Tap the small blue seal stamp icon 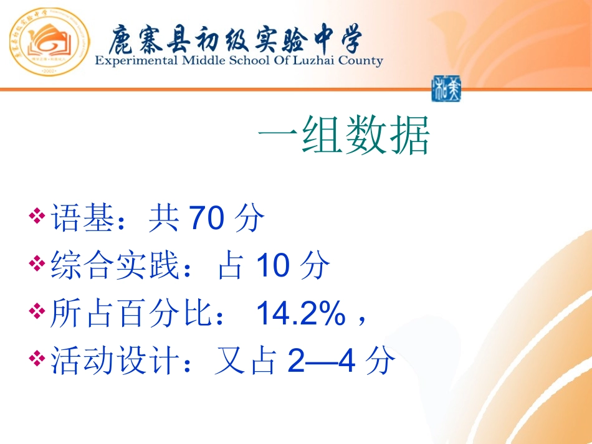(446, 90)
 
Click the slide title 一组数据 (343, 138)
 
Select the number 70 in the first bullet (205, 219)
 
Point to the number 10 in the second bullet (273, 267)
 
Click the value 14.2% (301, 314)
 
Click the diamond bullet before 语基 (38, 217)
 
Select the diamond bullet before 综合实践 (38, 265)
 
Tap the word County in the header (360, 61)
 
